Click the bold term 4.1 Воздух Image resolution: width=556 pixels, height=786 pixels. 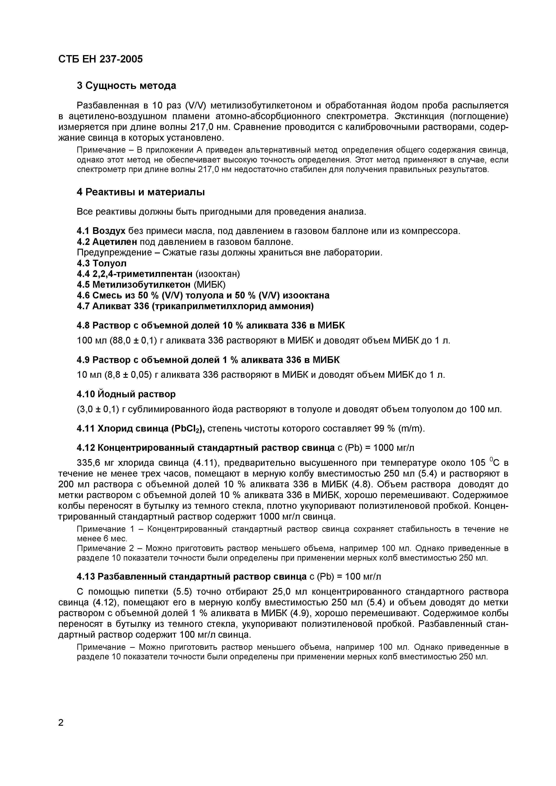pyautogui.click(x=101, y=231)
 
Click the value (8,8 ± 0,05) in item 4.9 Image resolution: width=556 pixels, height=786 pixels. pyautogui.click(x=124, y=375)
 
